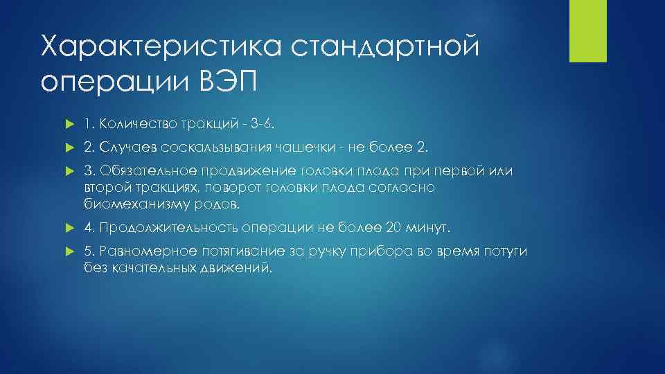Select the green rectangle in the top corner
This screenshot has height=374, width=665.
point(588,30)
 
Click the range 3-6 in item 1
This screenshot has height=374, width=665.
point(252,124)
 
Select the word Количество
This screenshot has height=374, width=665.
point(130,124)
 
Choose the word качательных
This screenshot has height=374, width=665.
point(148,269)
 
